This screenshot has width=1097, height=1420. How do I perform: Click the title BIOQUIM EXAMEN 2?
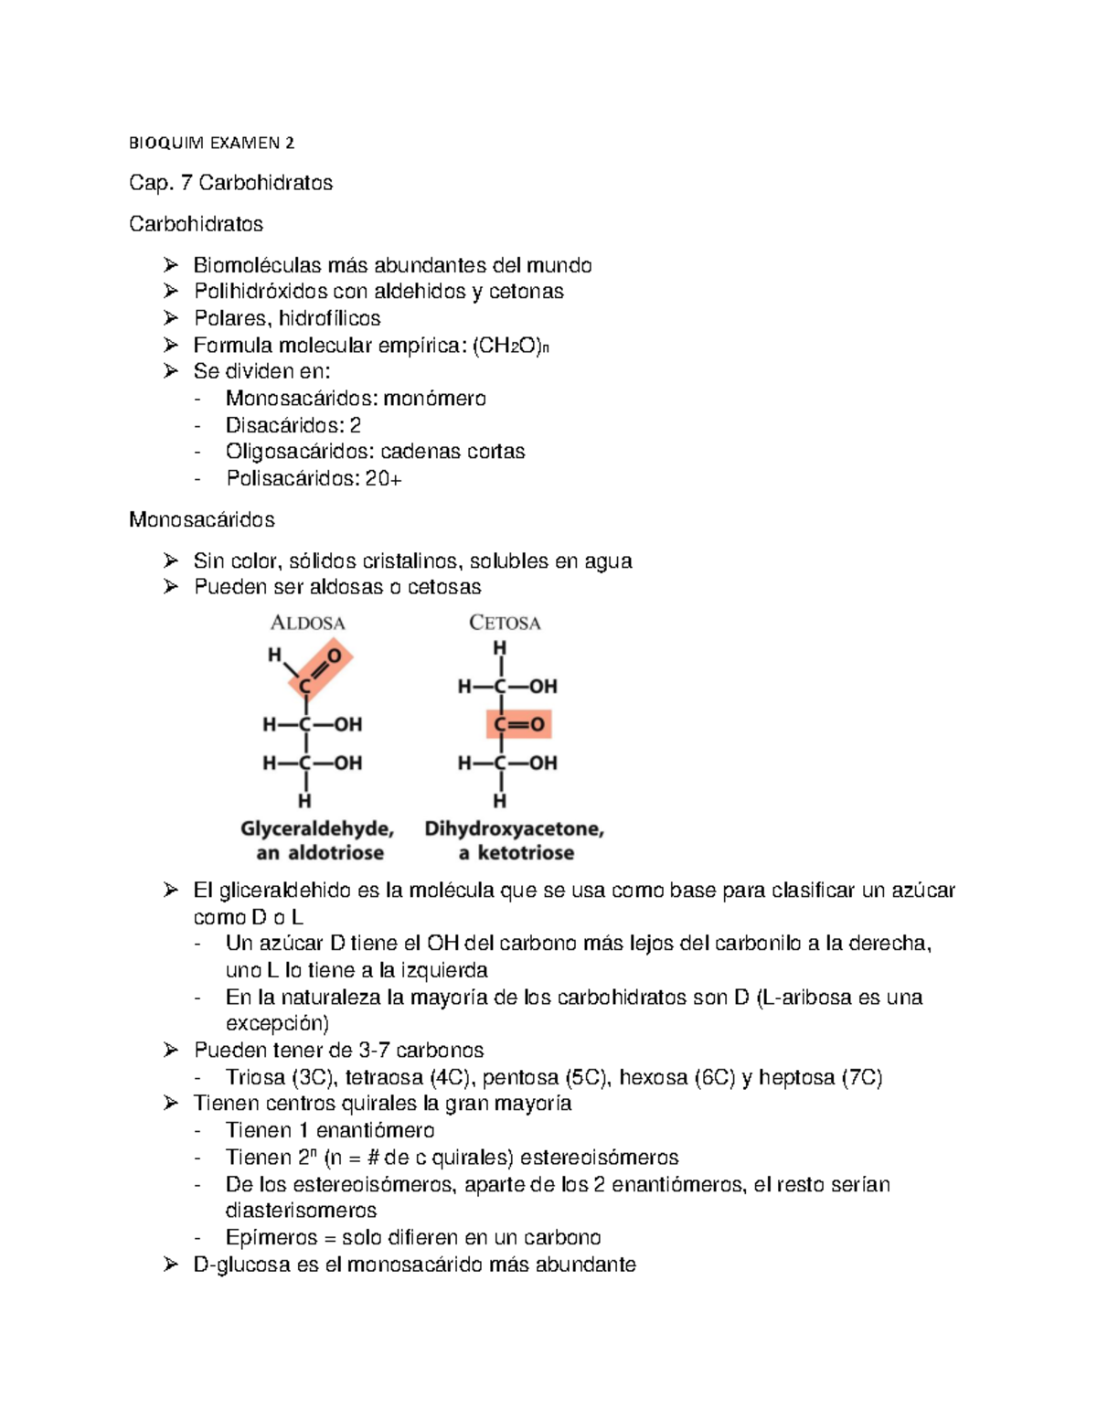[211, 143]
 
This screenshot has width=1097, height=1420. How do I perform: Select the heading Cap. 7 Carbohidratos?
[230, 183]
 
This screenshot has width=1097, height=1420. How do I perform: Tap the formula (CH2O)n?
[511, 346]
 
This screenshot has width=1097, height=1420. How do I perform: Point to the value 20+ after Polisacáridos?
[383, 478]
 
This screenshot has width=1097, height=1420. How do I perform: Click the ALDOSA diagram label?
[308, 623]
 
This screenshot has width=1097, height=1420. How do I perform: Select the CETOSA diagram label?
[505, 623]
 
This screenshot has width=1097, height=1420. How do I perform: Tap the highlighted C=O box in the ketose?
[518, 724]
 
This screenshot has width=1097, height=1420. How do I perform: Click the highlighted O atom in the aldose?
[334, 656]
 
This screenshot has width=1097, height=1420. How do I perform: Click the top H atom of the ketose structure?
[499, 648]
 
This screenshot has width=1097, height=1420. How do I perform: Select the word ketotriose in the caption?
[526, 853]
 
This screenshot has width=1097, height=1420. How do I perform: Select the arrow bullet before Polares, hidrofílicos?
[171, 318]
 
